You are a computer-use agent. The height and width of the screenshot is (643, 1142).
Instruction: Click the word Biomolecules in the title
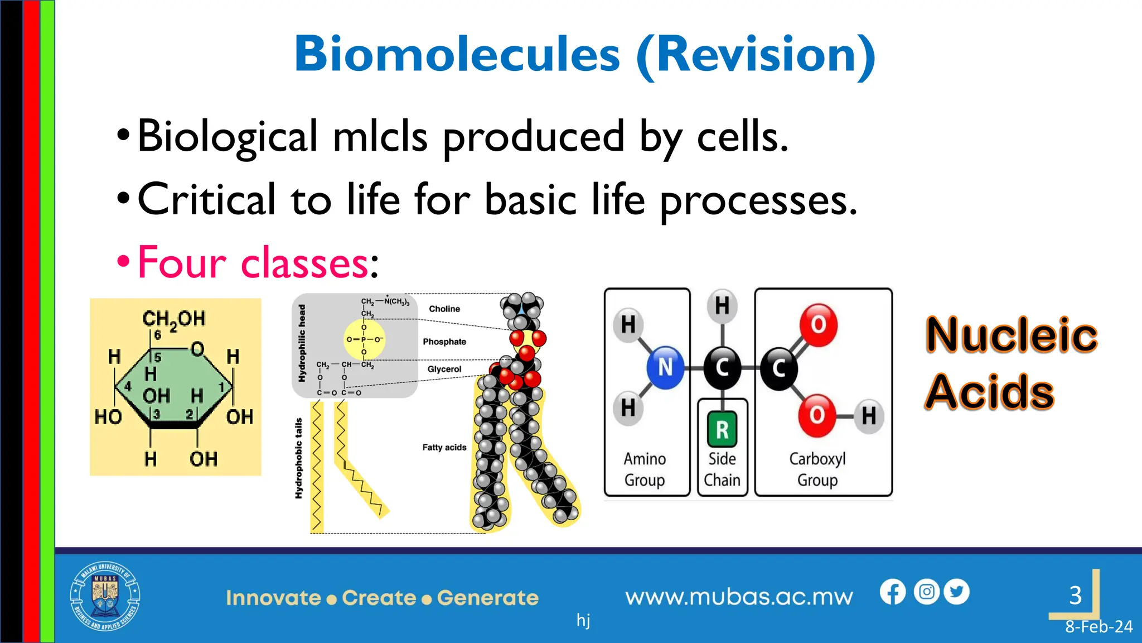(x=457, y=54)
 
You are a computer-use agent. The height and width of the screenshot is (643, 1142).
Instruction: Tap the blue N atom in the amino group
(x=665, y=367)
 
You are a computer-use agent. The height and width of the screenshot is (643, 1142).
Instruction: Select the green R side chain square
(x=722, y=429)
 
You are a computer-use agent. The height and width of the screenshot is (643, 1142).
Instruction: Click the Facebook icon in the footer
(x=893, y=592)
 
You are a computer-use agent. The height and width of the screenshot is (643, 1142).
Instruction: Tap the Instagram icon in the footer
(x=927, y=592)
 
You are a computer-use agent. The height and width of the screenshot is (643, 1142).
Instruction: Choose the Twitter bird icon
(x=957, y=592)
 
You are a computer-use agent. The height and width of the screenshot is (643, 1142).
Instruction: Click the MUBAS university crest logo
(x=105, y=596)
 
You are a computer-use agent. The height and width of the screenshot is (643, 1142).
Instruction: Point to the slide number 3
(x=1076, y=596)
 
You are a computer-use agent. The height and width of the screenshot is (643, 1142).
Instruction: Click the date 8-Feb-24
(x=1099, y=627)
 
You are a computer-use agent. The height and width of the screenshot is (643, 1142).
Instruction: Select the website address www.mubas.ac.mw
(x=739, y=597)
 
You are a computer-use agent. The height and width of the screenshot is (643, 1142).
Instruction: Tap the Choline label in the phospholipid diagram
(x=444, y=309)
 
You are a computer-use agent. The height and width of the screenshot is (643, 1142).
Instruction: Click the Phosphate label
(x=444, y=342)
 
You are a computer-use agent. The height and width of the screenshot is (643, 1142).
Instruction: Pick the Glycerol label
(x=444, y=369)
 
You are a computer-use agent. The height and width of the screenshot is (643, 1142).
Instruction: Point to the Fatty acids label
(x=444, y=447)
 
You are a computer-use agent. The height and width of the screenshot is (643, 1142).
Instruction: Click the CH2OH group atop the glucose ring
(x=174, y=319)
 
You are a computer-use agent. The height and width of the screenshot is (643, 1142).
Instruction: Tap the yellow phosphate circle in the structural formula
(x=364, y=339)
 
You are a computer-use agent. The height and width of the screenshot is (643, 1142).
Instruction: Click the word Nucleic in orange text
(x=1012, y=335)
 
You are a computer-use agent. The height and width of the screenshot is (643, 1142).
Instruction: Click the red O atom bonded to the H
(x=817, y=415)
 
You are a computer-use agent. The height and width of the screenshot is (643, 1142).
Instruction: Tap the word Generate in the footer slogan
(x=488, y=598)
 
